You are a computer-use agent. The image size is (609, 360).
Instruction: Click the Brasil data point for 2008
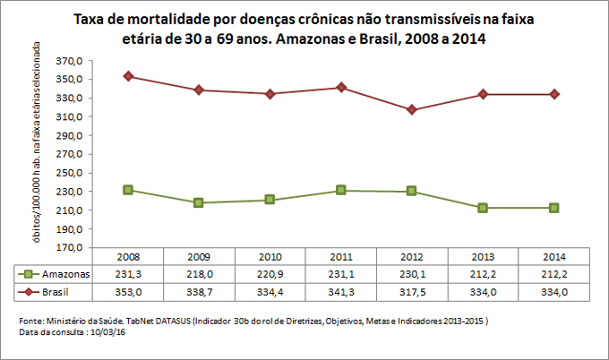(x=128, y=76)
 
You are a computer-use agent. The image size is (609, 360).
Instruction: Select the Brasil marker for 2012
(x=411, y=110)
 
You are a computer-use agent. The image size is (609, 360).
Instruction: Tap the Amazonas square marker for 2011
(x=340, y=190)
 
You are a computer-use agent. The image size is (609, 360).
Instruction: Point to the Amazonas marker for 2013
(x=483, y=208)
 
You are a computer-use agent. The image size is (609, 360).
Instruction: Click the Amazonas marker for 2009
(x=199, y=202)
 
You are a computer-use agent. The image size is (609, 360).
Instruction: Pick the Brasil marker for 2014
(x=554, y=94)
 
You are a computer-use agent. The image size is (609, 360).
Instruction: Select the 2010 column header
(x=270, y=256)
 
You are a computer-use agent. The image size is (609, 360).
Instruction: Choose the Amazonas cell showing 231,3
(x=128, y=274)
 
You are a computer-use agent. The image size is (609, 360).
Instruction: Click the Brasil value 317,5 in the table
(x=411, y=292)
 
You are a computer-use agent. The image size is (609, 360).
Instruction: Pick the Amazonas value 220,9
(x=270, y=274)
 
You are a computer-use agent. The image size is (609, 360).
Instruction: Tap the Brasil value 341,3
(x=340, y=292)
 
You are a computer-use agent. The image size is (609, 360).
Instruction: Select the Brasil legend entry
(x=49, y=292)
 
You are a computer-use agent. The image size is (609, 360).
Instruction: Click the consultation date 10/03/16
(x=106, y=332)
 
